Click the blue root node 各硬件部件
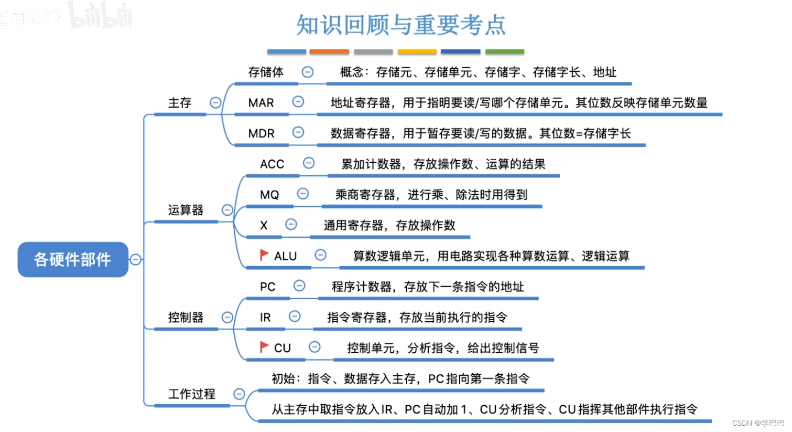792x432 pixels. pos(73,259)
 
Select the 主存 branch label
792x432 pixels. pos(180,103)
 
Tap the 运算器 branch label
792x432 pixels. pos(186,210)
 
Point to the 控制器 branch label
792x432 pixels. pos(186,318)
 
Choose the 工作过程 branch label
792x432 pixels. pos(191,394)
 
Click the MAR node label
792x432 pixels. pos(261,103)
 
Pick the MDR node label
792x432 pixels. pos(261,134)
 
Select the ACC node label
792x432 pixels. pos(272,164)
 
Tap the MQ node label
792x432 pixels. pos(269,195)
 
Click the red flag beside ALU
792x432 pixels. pos(264,255)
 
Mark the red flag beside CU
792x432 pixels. pos(264,347)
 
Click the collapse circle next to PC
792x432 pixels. pos(299,286)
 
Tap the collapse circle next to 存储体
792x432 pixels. pos(308,72)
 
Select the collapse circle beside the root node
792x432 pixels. pos(136,259)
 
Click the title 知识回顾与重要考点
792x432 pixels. pos(401,25)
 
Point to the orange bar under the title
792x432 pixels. pos(329,51)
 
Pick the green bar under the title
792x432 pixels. pos(505,51)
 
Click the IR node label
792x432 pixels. pos(265,318)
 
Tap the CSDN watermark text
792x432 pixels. pos(758,423)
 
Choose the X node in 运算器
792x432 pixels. pos(264,226)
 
